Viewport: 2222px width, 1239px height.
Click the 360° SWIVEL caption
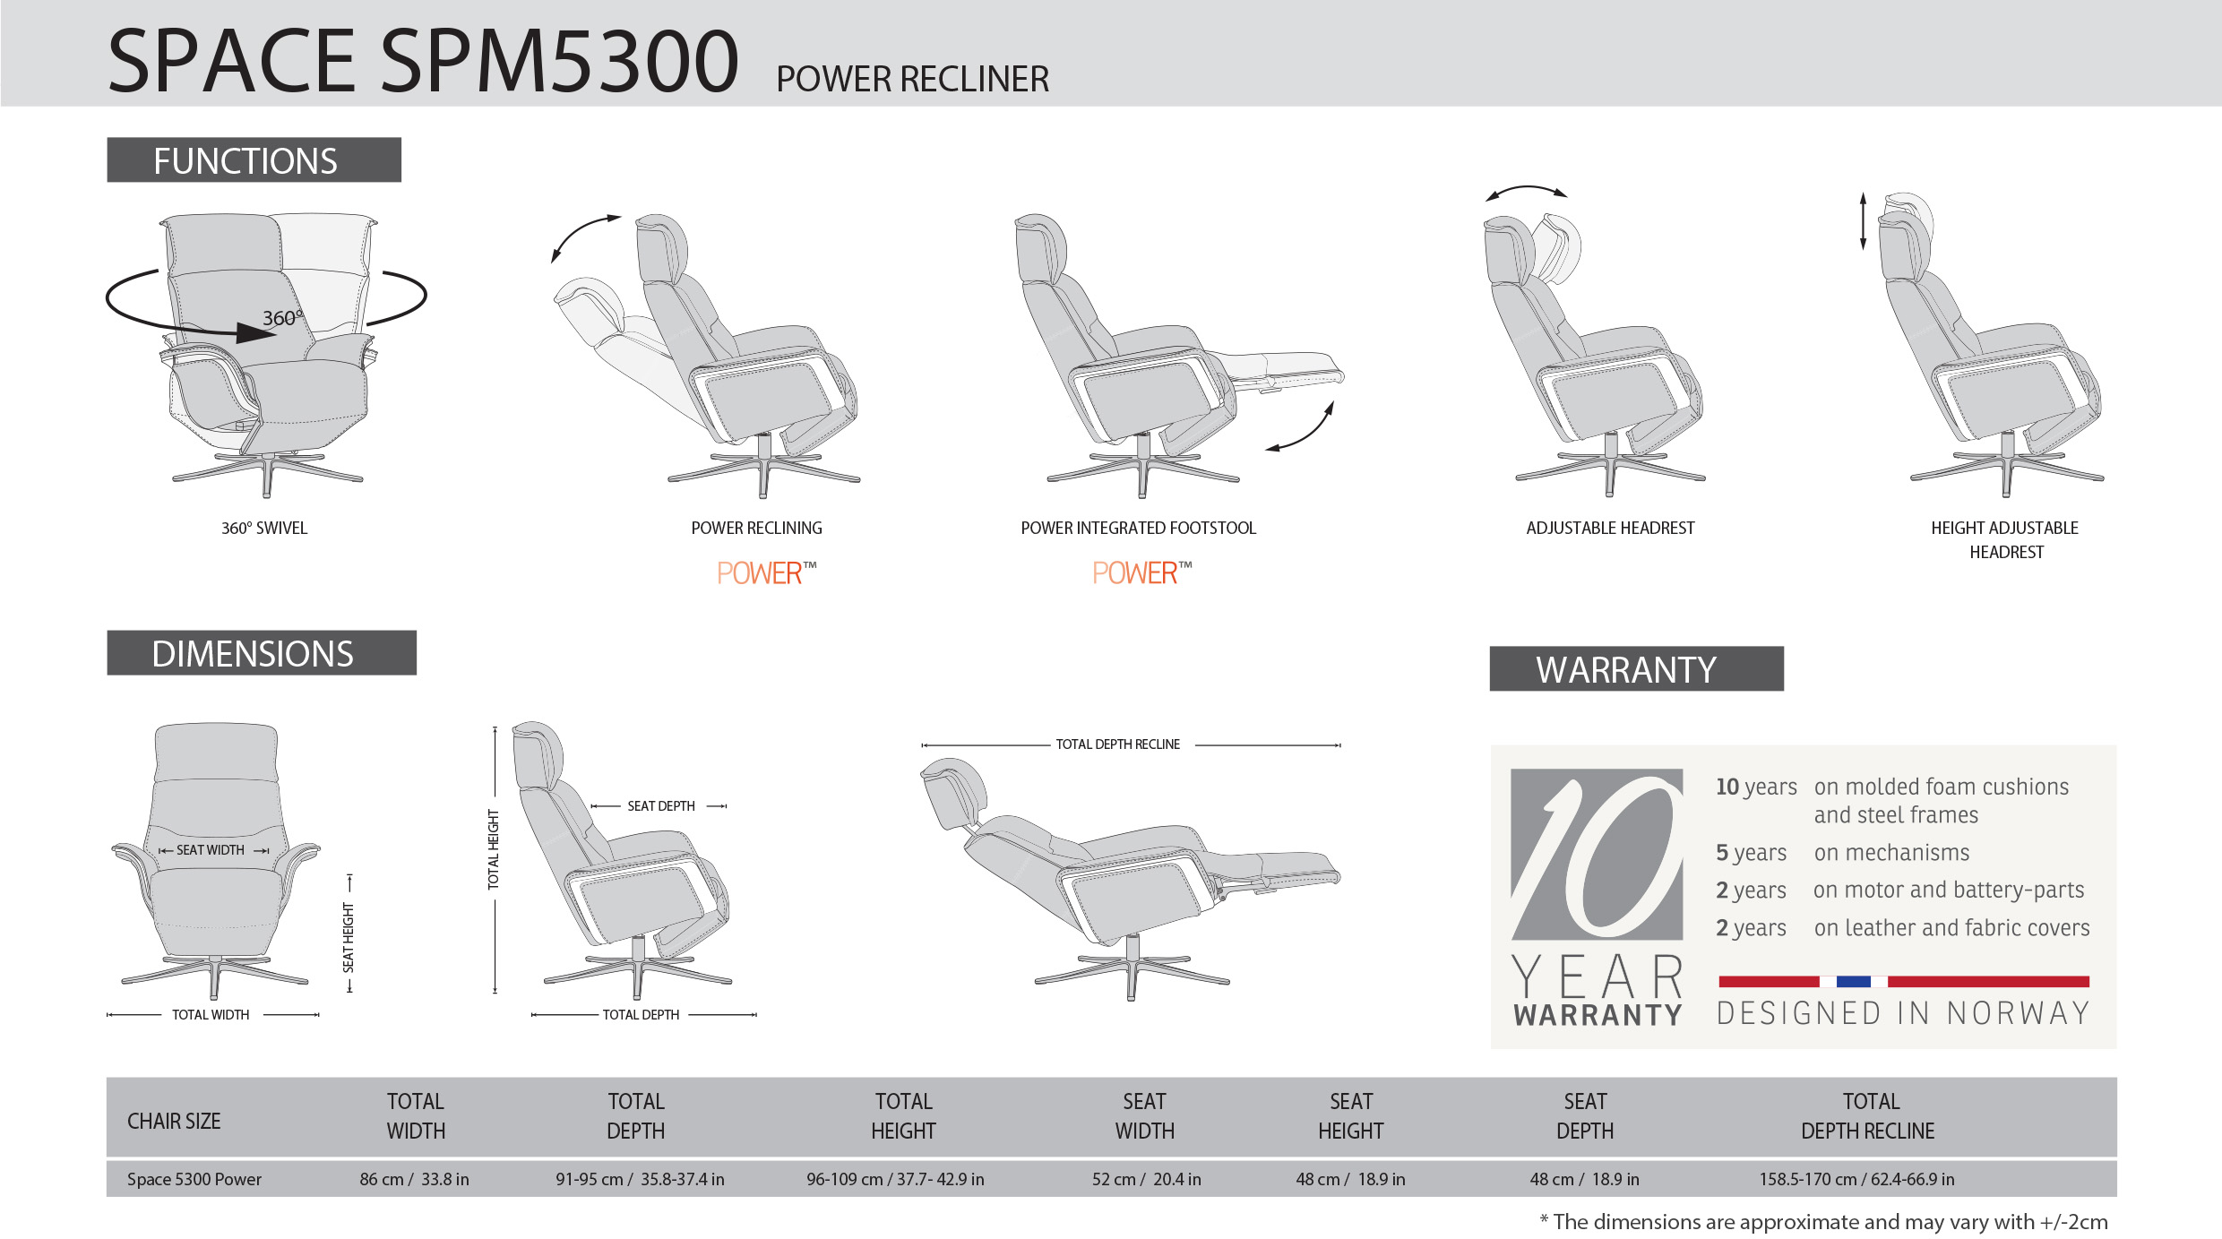click(264, 529)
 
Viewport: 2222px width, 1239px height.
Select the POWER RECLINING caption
click(756, 529)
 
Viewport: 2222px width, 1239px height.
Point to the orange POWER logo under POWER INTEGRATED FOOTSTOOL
click(1141, 572)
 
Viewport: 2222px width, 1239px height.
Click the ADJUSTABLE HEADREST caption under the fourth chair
click(1610, 529)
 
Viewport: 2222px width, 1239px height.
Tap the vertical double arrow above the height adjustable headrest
click(1863, 220)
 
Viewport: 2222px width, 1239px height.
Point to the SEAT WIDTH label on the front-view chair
click(211, 850)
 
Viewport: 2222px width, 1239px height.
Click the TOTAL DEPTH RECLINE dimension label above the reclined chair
click(1117, 744)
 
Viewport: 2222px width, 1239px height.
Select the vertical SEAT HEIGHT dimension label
click(349, 937)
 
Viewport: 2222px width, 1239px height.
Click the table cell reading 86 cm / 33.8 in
click(414, 1179)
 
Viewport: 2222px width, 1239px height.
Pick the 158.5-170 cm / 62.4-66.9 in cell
click(1856, 1179)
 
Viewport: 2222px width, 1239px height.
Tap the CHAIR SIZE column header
click(174, 1121)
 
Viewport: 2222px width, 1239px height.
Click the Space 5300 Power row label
click(194, 1179)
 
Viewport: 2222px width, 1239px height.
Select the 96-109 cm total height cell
click(895, 1179)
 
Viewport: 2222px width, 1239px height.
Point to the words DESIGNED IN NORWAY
click(1903, 1013)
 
